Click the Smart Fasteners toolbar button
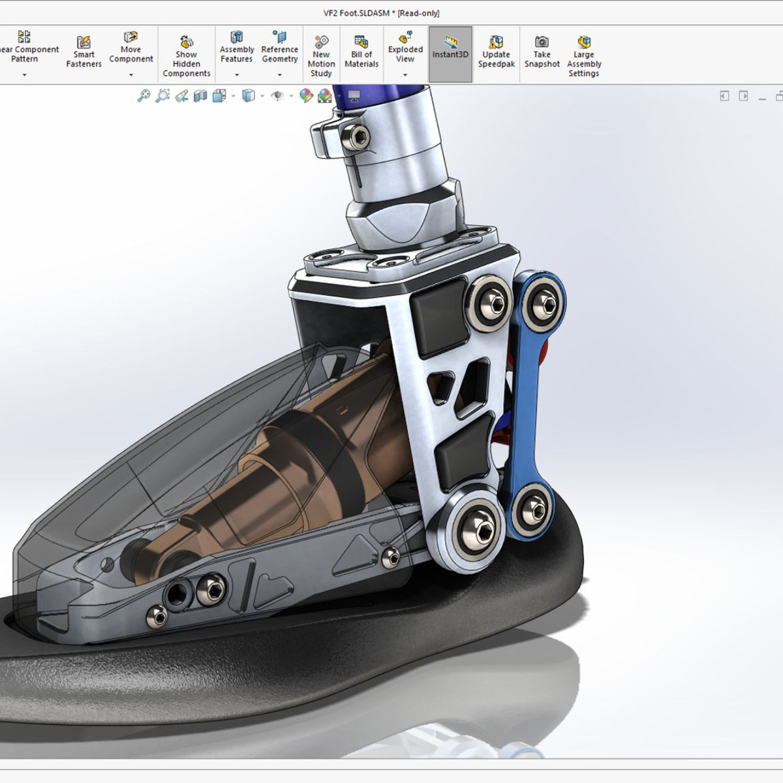[x=84, y=52]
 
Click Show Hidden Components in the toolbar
[x=186, y=55]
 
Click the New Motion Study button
[x=321, y=56]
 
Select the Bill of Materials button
[x=361, y=52]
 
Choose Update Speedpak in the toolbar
[x=497, y=52]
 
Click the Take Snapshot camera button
[x=542, y=52]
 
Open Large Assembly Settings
[x=584, y=56]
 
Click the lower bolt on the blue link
[x=534, y=508]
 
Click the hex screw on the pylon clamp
[x=356, y=136]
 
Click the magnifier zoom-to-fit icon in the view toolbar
[x=144, y=97]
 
